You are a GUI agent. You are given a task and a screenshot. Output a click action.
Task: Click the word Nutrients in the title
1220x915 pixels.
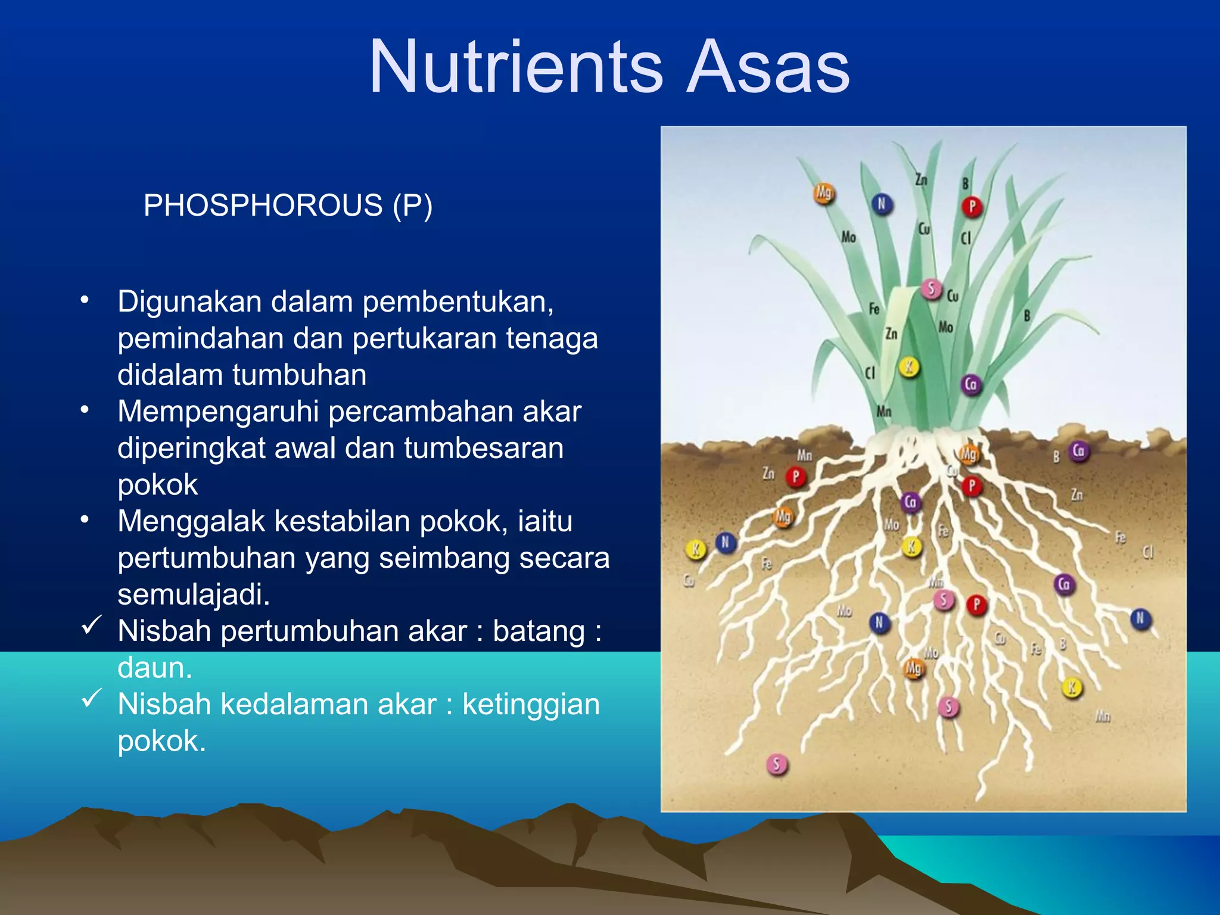516,67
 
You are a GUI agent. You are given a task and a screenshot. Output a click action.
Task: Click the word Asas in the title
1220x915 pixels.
768,67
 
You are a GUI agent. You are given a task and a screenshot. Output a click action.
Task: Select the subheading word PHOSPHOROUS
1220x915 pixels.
263,206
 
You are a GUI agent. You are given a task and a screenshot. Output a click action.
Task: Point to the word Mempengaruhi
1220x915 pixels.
218,412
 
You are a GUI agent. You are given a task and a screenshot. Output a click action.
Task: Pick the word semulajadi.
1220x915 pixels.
194,595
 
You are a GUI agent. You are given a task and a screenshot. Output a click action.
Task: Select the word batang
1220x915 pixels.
539,631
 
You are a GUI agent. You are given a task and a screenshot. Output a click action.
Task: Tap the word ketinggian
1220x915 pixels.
531,705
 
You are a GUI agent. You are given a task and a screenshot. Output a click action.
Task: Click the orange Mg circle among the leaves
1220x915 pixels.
824,193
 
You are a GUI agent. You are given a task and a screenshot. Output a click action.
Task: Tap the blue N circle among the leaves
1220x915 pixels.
882,204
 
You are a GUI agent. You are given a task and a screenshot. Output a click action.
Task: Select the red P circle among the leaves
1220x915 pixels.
972,207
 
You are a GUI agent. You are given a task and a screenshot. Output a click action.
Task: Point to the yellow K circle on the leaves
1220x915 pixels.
908,368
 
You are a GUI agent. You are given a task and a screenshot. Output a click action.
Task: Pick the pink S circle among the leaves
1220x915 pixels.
931,290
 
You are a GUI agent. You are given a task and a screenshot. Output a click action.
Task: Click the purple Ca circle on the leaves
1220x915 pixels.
971,384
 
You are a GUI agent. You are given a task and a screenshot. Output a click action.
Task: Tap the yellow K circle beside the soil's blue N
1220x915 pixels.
695,549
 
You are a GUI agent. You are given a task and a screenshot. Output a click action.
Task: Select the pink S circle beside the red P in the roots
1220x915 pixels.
943,600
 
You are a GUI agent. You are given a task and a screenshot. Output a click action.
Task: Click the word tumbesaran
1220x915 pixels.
484,448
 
